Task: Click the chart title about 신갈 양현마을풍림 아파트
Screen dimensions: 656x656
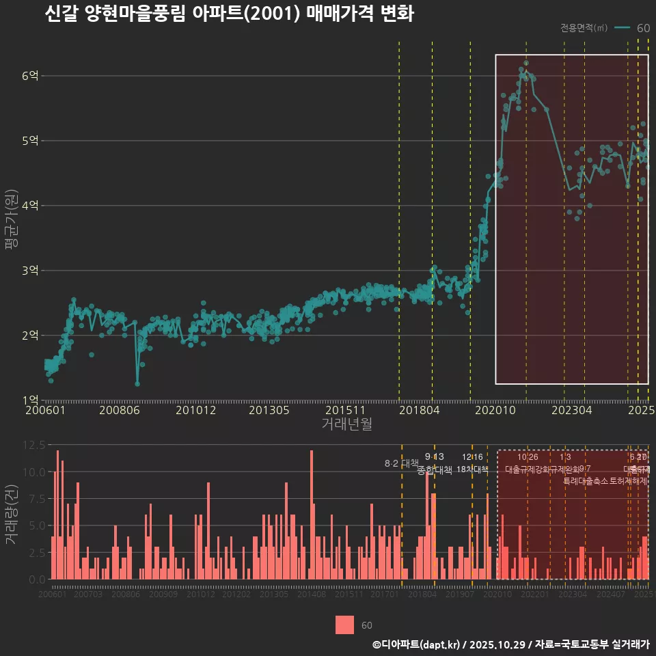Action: pos(229,14)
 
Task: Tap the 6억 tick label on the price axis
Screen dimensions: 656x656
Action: pos(29,76)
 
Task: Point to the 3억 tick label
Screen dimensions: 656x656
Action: pos(29,271)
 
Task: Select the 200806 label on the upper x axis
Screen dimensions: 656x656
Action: pos(120,411)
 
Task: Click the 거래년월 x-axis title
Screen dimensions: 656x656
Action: pos(346,424)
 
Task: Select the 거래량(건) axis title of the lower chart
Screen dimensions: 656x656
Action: pos(11,514)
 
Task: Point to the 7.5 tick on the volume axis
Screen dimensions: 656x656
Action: pos(36,499)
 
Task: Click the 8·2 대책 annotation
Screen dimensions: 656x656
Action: pos(401,464)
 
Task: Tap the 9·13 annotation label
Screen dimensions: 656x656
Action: pos(434,457)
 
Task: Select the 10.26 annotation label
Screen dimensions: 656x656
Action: pos(528,457)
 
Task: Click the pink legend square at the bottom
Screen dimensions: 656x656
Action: pos(345,625)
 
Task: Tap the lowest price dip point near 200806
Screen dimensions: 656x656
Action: pos(137,383)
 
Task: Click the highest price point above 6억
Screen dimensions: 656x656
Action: pos(526,63)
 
